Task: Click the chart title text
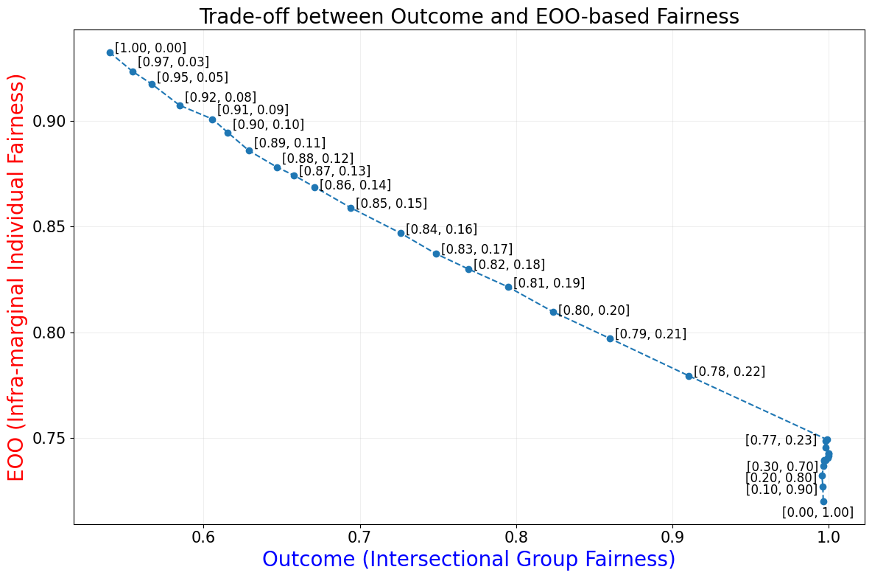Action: pos(468,16)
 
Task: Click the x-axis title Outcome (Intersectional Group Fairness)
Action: pos(468,559)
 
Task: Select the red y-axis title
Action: pos(16,277)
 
